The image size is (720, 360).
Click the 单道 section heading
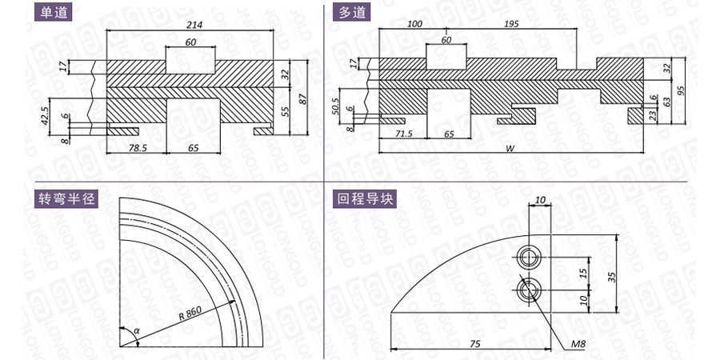54,12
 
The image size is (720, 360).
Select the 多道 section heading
352,12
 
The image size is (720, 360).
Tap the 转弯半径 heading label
66,199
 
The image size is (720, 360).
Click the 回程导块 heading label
365,199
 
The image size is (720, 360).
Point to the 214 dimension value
194,25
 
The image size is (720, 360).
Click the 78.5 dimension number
135,148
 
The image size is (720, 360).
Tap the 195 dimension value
511,24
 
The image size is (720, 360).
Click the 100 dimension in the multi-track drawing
414,24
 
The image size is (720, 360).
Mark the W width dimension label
510,148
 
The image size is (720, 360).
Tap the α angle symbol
136,330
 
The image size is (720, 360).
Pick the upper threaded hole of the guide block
529,257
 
